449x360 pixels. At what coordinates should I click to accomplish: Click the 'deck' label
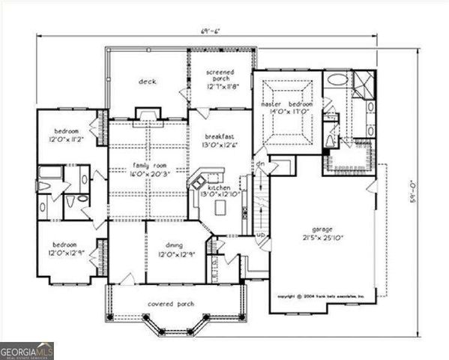(147, 82)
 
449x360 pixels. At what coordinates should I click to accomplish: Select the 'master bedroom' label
(286, 103)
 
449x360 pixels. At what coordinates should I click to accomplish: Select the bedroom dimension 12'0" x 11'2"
(69, 139)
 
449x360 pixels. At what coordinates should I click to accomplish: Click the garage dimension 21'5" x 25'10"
(323, 240)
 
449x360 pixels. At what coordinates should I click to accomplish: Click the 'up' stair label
(261, 235)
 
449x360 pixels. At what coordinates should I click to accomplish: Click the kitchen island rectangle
(220, 207)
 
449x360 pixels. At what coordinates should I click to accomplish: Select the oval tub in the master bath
(337, 79)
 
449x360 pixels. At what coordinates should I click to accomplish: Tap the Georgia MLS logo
(27, 350)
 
